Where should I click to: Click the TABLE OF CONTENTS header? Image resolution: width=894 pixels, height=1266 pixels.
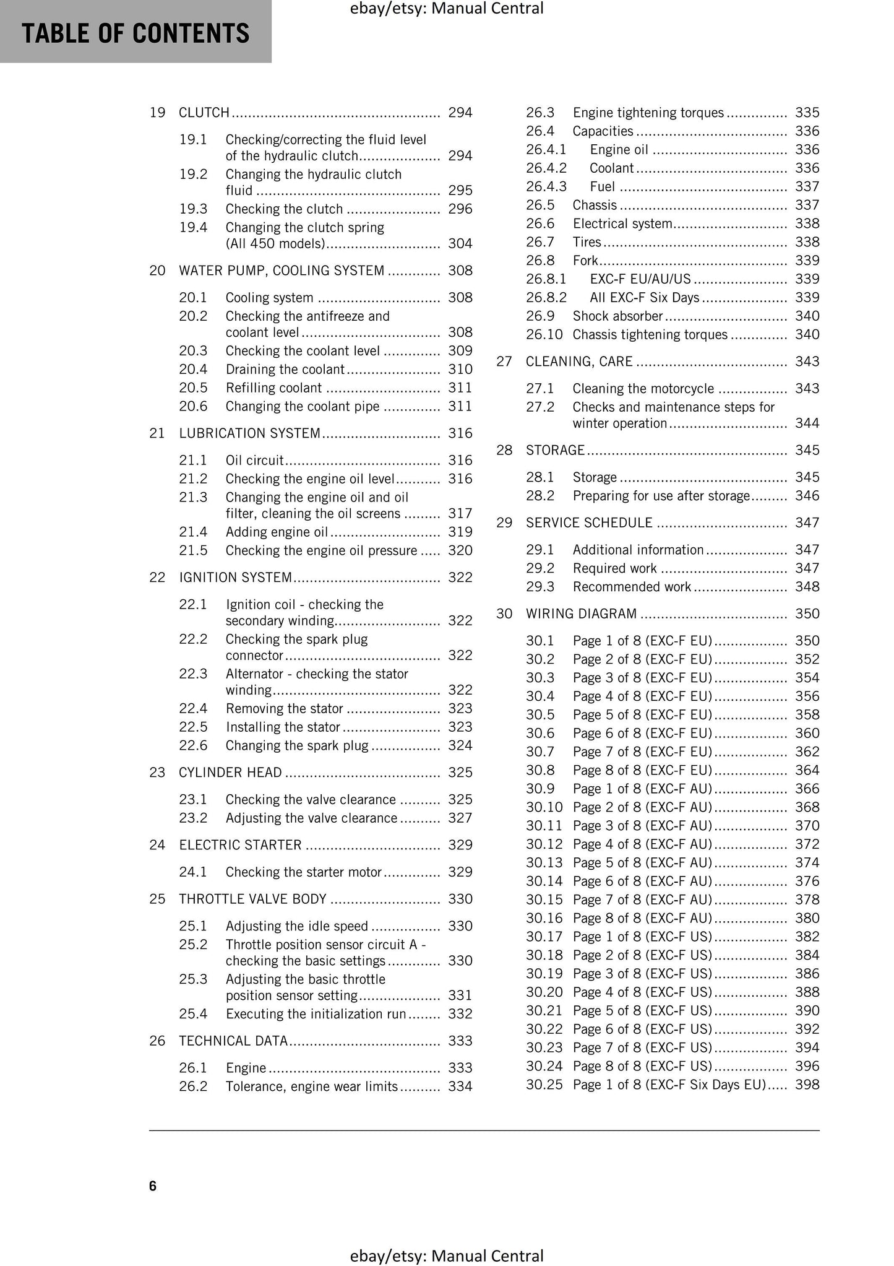[x=135, y=33]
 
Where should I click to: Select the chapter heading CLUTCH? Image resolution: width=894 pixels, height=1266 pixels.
[x=204, y=113]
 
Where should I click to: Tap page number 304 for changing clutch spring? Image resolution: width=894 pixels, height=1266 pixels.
[x=460, y=244]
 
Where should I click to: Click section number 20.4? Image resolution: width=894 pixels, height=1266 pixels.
[x=193, y=370]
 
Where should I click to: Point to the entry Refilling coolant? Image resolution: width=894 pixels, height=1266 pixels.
[x=273, y=388]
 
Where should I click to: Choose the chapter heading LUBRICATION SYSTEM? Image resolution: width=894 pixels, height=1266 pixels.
[x=249, y=433]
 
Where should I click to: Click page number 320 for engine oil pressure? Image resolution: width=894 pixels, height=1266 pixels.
[x=460, y=551]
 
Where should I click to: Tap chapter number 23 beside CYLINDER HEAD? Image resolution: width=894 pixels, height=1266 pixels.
[x=157, y=773]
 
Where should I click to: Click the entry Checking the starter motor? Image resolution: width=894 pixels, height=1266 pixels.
[x=303, y=872]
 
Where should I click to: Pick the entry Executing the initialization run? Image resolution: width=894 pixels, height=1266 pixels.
[x=316, y=1014]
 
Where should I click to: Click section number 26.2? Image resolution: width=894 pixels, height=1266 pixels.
[x=193, y=1086]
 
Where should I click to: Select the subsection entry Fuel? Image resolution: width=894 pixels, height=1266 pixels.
[x=602, y=187]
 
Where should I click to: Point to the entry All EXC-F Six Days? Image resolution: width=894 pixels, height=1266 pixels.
[x=644, y=298]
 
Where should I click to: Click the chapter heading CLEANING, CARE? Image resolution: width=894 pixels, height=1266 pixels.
[x=579, y=362]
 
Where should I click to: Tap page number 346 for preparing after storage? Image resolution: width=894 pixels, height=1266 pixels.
[x=807, y=496]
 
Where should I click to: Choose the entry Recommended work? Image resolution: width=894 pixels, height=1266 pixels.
[x=631, y=587]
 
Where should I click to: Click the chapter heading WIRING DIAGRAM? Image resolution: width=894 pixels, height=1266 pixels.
[x=581, y=614]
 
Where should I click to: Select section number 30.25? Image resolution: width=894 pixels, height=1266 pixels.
[x=544, y=1085]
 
